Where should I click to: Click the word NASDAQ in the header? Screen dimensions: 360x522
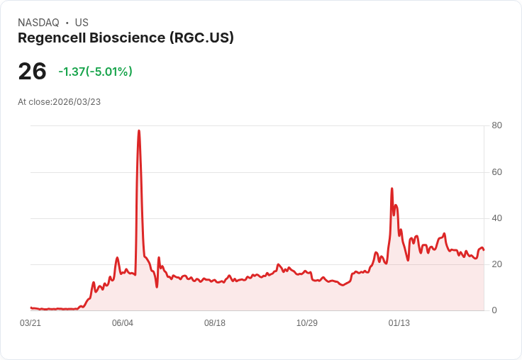[38, 23]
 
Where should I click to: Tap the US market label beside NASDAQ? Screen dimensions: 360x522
[82, 23]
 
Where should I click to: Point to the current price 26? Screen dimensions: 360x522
[32, 71]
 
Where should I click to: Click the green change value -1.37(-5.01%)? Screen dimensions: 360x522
[95, 72]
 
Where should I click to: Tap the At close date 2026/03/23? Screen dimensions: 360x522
[77, 101]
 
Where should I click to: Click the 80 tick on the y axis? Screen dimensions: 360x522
[497, 125]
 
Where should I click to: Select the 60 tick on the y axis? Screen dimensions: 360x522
[497, 172]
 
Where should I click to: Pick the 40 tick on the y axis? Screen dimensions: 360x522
[497, 218]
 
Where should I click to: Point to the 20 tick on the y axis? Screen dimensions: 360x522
[497, 264]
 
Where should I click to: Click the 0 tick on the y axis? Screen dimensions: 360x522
[495, 310]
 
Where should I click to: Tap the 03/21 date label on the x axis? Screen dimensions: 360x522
[30, 323]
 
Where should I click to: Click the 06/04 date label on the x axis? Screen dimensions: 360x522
[123, 323]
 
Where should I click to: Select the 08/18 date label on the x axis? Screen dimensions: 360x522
[215, 323]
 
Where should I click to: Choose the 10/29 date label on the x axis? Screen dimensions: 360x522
[307, 323]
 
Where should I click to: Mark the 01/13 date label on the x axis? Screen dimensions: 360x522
[399, 323]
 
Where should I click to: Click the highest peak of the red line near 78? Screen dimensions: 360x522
[139, 131]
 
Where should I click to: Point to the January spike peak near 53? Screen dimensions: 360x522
[391, 189]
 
